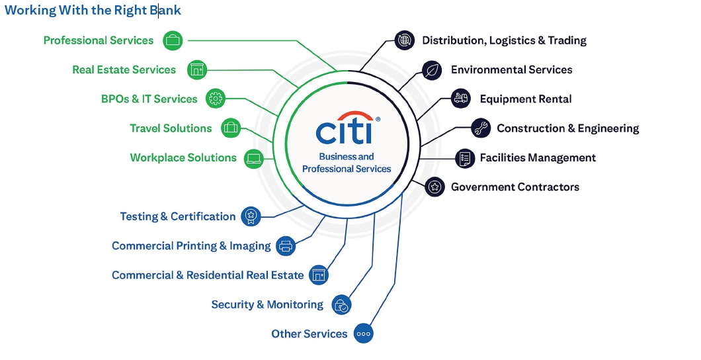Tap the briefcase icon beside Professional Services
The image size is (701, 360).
(x=173, y=40)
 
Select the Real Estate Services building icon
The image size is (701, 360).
(x=197, y=69)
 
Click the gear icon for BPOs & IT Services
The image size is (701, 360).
(x=216, y=99)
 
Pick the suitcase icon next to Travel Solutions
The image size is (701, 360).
(x=230, y=128)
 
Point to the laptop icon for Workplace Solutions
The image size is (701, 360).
(x=254, y=158)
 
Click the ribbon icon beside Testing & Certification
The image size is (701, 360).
(x=251, y=216)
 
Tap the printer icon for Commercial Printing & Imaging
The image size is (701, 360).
(x=286, y=246)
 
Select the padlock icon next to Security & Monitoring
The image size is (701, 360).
(x=341, y=304)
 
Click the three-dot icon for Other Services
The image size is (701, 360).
(x=363, y=334)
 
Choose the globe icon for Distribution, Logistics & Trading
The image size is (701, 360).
(x=404, y=40)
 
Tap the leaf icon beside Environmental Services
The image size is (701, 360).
(x=433, y=69)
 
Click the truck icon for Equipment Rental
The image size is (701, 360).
(x=461, y=99)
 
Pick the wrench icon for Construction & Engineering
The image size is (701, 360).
(x=481, y=128)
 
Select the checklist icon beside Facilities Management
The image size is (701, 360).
(x=465, y=157)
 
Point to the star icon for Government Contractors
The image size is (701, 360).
(x=434, y=187)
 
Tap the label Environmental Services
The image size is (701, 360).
(x=511, y=69)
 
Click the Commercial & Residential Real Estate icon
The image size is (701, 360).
(x=319, y=275)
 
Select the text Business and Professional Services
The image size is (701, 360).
(x=347, y=163)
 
